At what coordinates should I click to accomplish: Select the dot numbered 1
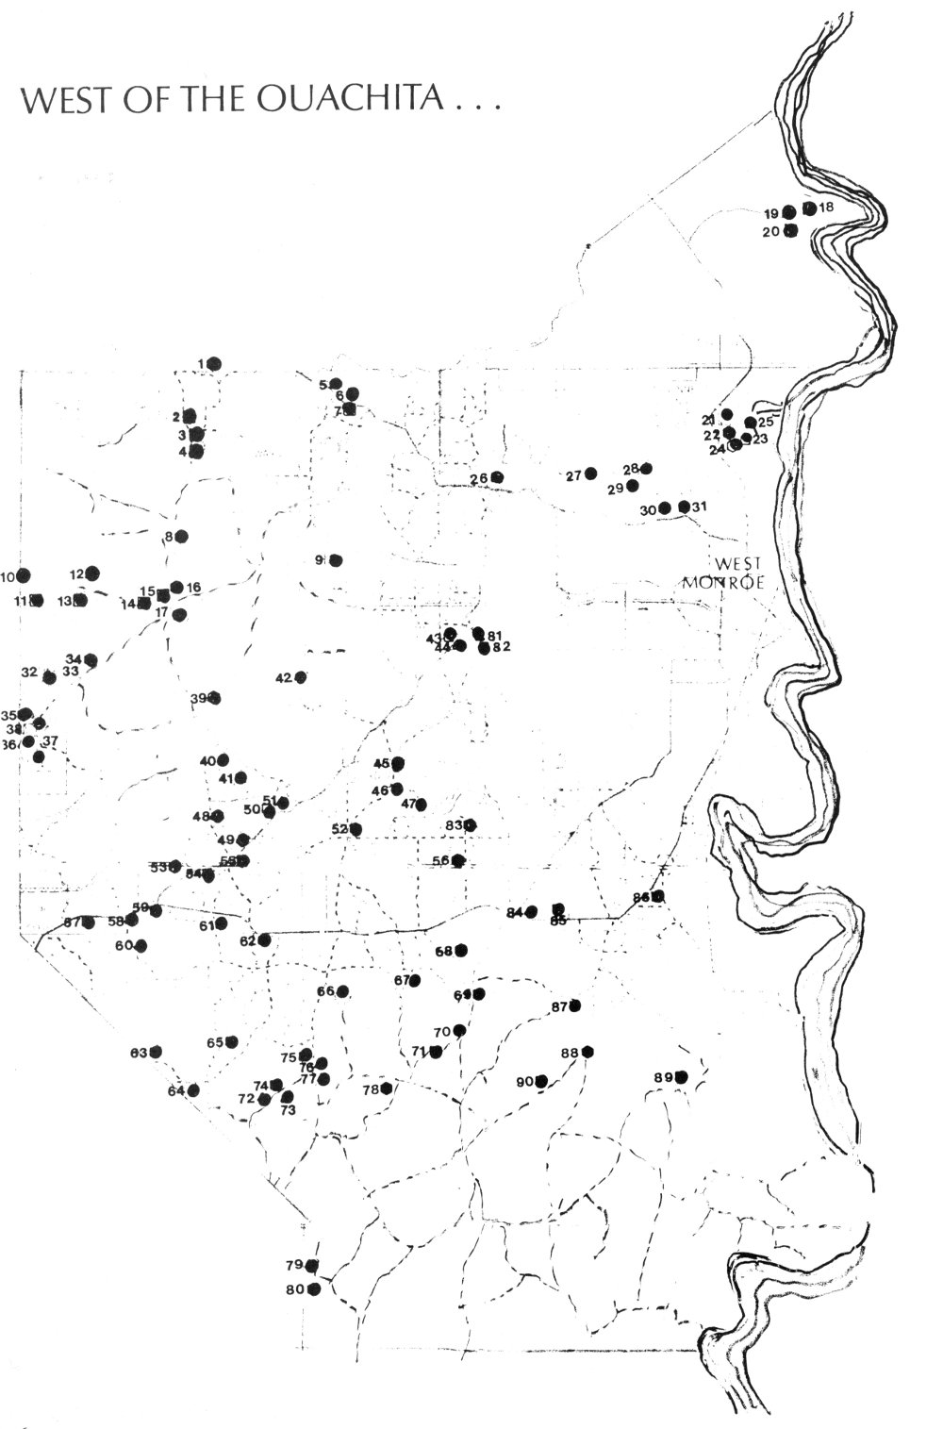(x=214, y=363)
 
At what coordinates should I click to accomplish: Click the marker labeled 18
(x=809, y=208)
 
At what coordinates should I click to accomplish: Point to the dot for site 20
(x=791, y=230)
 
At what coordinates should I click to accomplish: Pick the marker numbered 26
(x=497, y=477)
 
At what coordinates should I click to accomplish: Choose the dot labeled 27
(x=591, y=474)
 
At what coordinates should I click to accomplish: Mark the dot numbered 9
(x=336, y=560)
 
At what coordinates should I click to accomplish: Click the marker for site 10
(x=24, y=575)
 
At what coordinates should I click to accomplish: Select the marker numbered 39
(x=214, y=698)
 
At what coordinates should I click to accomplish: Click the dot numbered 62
(x=265, y=939)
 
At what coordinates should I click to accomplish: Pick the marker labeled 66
(x=343, y=991)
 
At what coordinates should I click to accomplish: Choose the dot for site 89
(x=682, y=1076)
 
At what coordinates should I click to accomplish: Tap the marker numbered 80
(x=314, y=1288)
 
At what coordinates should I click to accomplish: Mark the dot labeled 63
(x=156, y=1052)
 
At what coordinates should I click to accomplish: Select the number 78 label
(x=371, y=1089)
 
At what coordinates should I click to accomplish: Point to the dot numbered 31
(x=685, y=507)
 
